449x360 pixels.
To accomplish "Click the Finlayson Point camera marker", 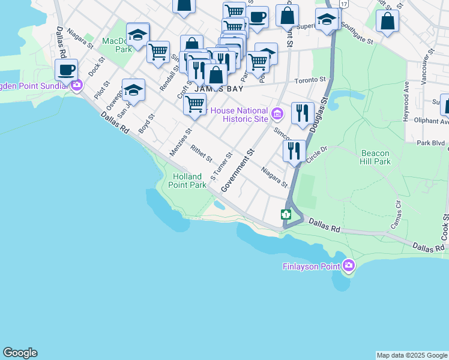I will tap(349, 265).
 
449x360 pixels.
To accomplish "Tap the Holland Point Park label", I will tap(190, 181).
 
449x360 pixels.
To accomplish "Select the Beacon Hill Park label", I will tap(375, 157).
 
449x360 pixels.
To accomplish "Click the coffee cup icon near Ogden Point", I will tap(67, 70).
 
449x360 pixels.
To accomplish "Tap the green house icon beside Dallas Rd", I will tap(286, 214).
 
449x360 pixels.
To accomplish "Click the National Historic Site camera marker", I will tap(277, 113).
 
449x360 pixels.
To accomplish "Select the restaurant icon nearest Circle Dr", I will tap(294, 150).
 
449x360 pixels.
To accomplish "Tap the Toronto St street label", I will tap(310, 79).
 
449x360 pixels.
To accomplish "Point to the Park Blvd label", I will tap(431, 143).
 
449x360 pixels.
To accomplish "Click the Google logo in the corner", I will tap(20, 353).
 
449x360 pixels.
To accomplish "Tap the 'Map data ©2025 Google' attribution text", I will tap(412, 355).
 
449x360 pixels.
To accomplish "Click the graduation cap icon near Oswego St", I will tap(133, 90).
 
